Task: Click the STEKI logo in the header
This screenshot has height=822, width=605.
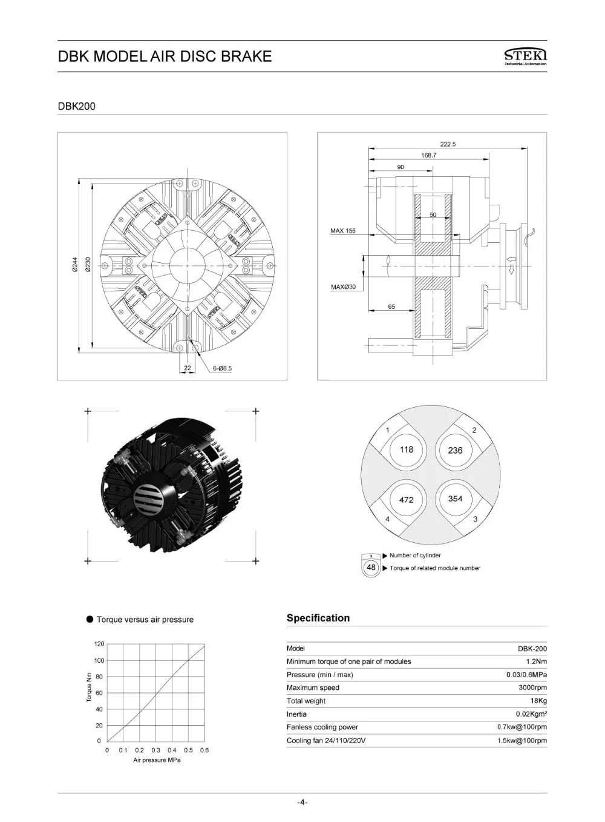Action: tap(525, 57)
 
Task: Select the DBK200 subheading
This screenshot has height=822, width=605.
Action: tap(76, 106)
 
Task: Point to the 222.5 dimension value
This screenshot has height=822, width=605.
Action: tap(448, 144)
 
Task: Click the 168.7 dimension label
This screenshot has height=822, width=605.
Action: tap(428, 155)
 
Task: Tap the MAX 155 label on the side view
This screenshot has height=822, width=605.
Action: tap(343, 231)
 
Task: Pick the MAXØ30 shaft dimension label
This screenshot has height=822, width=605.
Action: tap(343, 287)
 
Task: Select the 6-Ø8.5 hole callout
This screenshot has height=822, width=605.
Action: tap(222, 368)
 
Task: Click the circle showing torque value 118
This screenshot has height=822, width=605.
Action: tap(407, 449)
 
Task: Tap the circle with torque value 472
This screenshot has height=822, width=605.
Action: tap(407, 499)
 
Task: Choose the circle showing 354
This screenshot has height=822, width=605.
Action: tap(456, 499)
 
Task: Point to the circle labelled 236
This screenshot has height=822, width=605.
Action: tap(456, 450)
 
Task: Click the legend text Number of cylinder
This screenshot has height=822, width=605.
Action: tap(415, 555)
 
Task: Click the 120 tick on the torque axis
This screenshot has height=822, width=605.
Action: tap(99, 644)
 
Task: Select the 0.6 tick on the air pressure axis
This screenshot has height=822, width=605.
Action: tap(204, 750)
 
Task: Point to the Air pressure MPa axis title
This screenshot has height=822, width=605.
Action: tap(157, 760)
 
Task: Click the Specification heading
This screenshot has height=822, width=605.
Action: tap(318, 618)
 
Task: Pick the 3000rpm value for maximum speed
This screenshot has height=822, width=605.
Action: tap(532, 688)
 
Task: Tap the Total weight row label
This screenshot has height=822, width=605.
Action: tap(306, 701)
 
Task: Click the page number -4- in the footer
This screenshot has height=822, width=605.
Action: tap(302, 803)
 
